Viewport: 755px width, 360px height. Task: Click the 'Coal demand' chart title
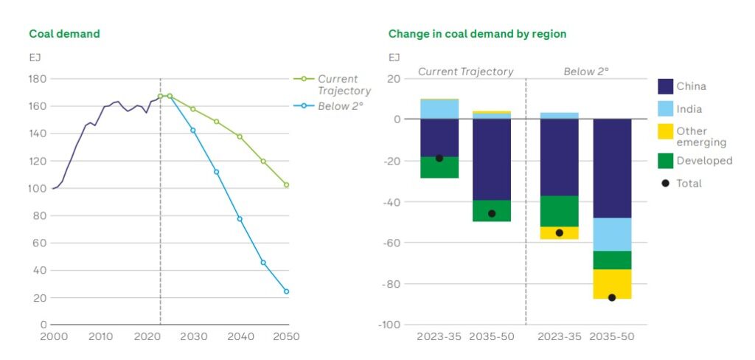pos(64,34)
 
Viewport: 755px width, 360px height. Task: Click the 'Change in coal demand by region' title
pos(477,34)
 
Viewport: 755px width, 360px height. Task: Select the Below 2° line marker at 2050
pos(286,291)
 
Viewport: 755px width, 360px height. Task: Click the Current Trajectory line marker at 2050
pos(286,185)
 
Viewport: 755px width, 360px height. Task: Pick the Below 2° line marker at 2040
pos(240,218)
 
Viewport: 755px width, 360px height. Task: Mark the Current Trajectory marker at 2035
pos(216,121)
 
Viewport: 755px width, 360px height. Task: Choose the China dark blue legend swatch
pos(665,86)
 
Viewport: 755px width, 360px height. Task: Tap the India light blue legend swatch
pos(665,109)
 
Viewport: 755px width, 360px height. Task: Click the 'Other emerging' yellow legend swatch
pos(665,132)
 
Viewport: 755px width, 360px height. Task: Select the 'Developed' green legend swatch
pos(665,160)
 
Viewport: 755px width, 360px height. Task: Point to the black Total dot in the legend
pos(665,183)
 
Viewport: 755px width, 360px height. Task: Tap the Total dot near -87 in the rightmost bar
pos(612,297)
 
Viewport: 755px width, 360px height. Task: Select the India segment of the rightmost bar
pos(612,235)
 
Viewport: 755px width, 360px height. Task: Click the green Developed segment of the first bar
pos(439,167)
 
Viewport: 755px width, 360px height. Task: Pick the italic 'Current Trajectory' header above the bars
pos(465,72)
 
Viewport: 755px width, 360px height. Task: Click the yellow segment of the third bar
pos(559,232)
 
